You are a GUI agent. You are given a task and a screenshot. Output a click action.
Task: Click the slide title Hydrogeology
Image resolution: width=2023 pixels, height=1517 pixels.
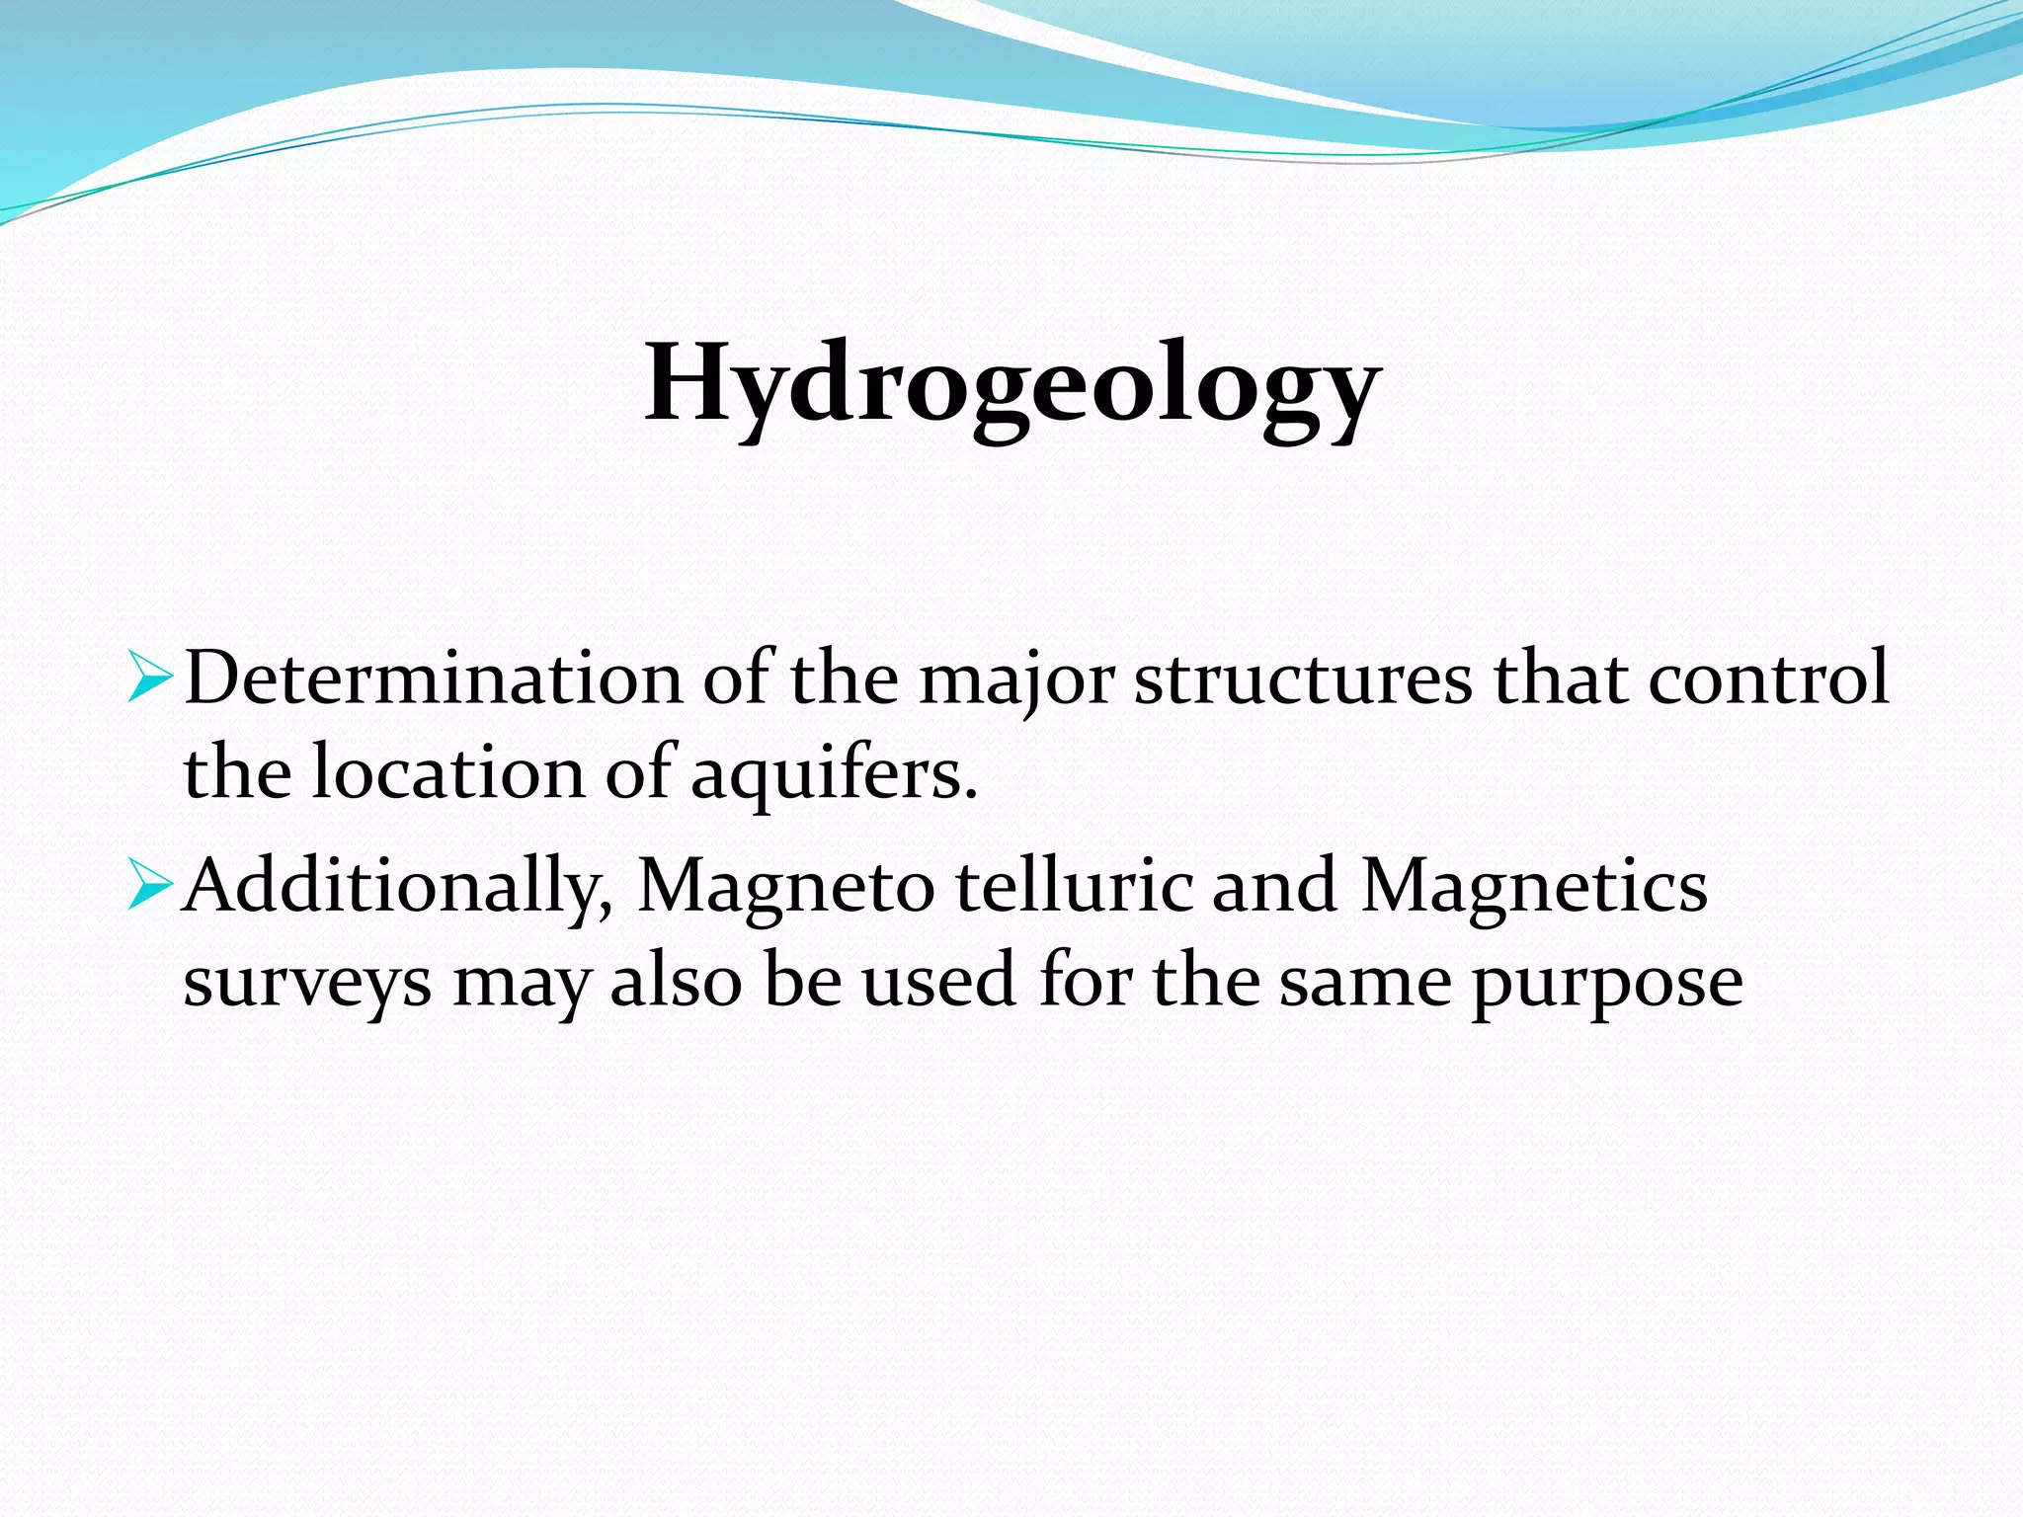1011,385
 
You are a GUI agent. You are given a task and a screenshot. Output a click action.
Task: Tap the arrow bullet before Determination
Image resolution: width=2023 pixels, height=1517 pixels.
150,679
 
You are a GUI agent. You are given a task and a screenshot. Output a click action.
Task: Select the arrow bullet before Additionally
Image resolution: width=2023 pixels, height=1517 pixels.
150,885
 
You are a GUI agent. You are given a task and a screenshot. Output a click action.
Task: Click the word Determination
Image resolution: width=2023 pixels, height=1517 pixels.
433,679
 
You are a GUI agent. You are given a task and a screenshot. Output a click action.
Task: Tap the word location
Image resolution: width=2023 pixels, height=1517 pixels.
448,772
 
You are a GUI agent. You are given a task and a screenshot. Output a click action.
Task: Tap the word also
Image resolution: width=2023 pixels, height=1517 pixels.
676,980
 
